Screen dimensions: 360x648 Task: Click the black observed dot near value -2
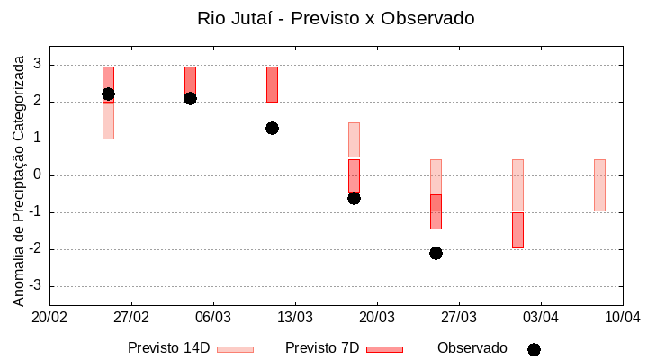[436, 253]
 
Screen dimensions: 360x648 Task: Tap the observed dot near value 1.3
[272, 128]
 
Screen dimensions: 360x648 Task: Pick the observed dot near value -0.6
[354, 198]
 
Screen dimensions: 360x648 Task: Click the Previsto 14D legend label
[169, 348]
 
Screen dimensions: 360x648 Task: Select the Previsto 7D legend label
[322, 348]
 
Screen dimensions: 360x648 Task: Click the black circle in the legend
[534, 349]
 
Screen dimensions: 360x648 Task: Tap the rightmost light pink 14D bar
[599, 184]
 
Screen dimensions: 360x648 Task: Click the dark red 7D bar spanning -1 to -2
[517, 230]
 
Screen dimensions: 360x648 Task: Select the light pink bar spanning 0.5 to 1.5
[354, 139]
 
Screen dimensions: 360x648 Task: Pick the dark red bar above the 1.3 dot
[272, 84]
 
